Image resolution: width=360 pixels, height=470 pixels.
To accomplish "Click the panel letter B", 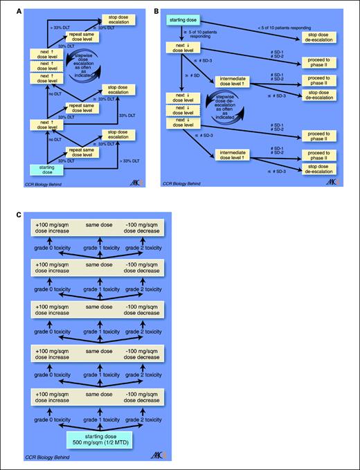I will (x=157, y=11).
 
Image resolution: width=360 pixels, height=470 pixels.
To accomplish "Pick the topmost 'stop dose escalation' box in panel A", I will (x=120, y=19).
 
